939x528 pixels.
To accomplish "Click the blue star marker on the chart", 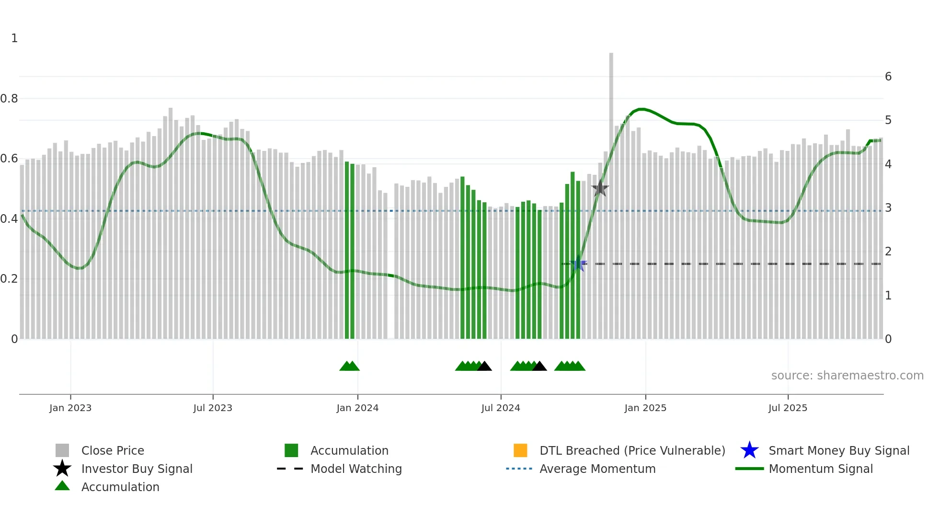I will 579,264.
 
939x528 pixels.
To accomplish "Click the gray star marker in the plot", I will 600,188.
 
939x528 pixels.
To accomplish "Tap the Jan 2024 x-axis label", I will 357,408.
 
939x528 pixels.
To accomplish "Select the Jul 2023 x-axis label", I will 213,408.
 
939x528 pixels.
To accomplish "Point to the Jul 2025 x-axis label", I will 788,408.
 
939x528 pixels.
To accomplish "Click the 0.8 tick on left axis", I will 9,99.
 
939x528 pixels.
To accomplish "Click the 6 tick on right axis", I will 888,77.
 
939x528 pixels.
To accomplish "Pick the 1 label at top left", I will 14,38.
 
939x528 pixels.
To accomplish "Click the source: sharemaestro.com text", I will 847,375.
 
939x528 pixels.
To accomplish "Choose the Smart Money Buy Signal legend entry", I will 838,450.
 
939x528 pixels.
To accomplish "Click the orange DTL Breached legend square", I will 520,450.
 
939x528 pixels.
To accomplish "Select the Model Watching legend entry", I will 355,469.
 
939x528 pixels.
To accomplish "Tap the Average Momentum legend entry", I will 597,469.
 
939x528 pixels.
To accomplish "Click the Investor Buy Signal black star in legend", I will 62,469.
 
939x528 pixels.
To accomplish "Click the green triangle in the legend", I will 62,486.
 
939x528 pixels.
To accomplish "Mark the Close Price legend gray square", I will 62,450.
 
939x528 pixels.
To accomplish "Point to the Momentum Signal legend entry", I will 820,469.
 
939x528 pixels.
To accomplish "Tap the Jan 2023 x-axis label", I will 70,408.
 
